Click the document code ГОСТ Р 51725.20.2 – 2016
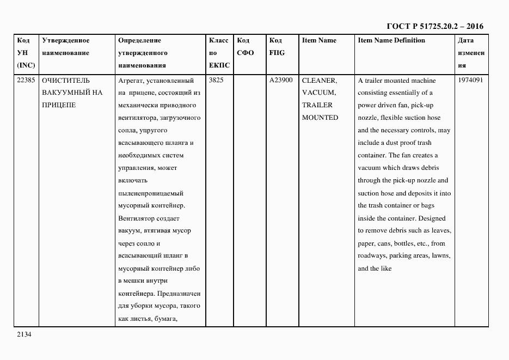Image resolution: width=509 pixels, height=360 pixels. [x=435, y=26]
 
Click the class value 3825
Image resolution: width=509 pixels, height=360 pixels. [x=216, y=80]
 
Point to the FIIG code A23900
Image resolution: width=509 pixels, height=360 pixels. [x=281, y=80]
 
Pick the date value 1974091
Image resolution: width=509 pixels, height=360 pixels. [x=470, y=80]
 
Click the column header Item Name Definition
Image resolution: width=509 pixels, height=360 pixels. [x=391, y=40]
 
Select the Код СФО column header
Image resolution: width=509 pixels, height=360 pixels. [x=246, y=46]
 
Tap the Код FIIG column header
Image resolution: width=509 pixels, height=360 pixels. [x=277, y=46]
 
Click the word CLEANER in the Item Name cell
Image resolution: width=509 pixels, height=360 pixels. [x=319, y=80]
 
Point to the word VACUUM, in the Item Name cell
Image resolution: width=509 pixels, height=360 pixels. [x=318, y=93]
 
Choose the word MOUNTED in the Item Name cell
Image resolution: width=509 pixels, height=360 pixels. [x=320, y=118]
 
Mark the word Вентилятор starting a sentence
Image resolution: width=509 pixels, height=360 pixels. [x=137, y=218]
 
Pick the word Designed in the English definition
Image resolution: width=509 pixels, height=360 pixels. [x=432, y=218]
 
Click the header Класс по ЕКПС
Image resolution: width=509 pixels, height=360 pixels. [x=219, y=53]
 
